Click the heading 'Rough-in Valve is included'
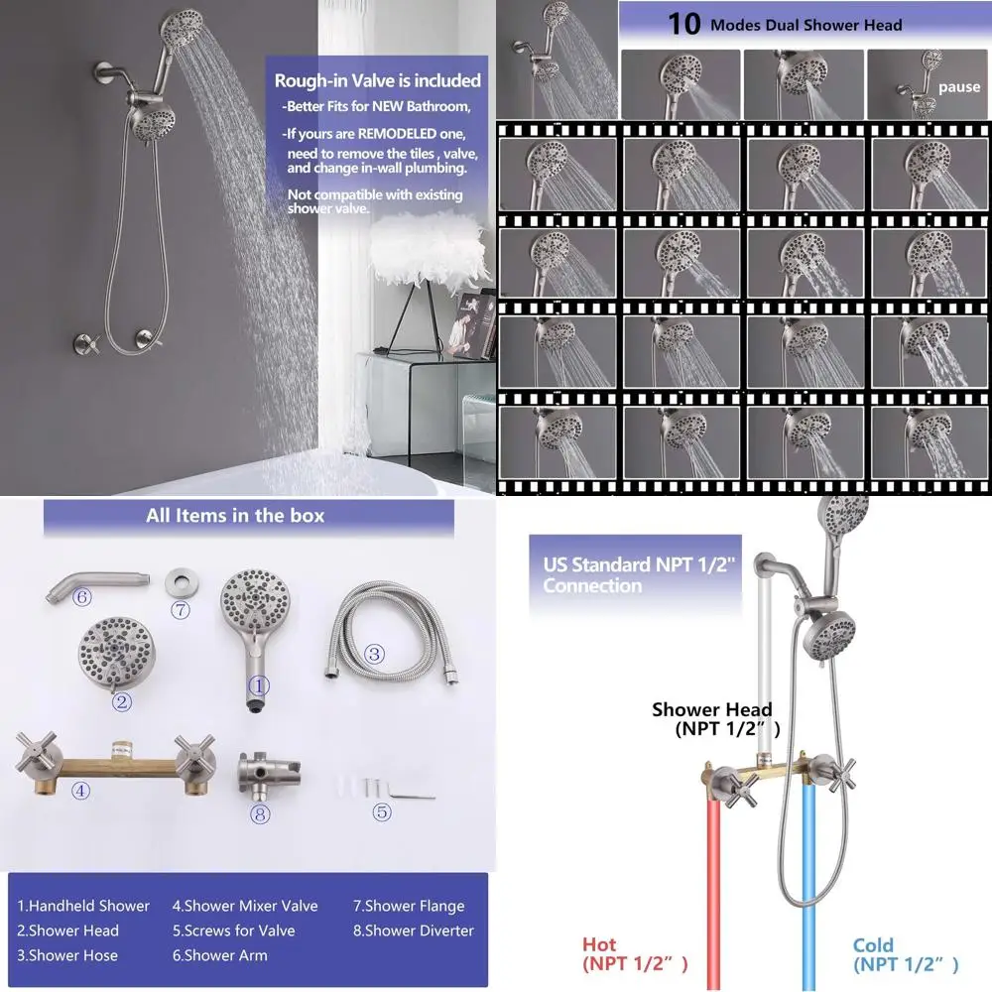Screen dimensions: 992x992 click(378, 80)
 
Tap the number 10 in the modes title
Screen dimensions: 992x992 click(683, 23)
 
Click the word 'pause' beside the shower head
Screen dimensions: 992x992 click(958, 87)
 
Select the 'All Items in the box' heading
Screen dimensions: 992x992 click(235, 515)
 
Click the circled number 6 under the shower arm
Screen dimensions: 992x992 click(82, 596)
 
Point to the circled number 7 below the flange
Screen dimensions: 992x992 click(181, 610)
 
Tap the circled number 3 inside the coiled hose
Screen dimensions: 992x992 click(374, 653)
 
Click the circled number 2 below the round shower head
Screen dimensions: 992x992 click(122, 702)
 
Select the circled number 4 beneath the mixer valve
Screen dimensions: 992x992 click(81, 790)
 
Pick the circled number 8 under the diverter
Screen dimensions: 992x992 click(261, 814)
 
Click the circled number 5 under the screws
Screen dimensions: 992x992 click(382, 812)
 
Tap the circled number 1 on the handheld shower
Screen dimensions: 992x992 click(259, 684)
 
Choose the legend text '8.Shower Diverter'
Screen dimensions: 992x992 click(414, 930)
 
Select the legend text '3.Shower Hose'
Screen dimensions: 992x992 click(67, 955)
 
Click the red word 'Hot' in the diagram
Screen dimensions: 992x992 click(598, 944)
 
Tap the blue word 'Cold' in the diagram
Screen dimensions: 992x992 click(873, 944)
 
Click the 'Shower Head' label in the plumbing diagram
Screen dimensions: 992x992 click(711, 709)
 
